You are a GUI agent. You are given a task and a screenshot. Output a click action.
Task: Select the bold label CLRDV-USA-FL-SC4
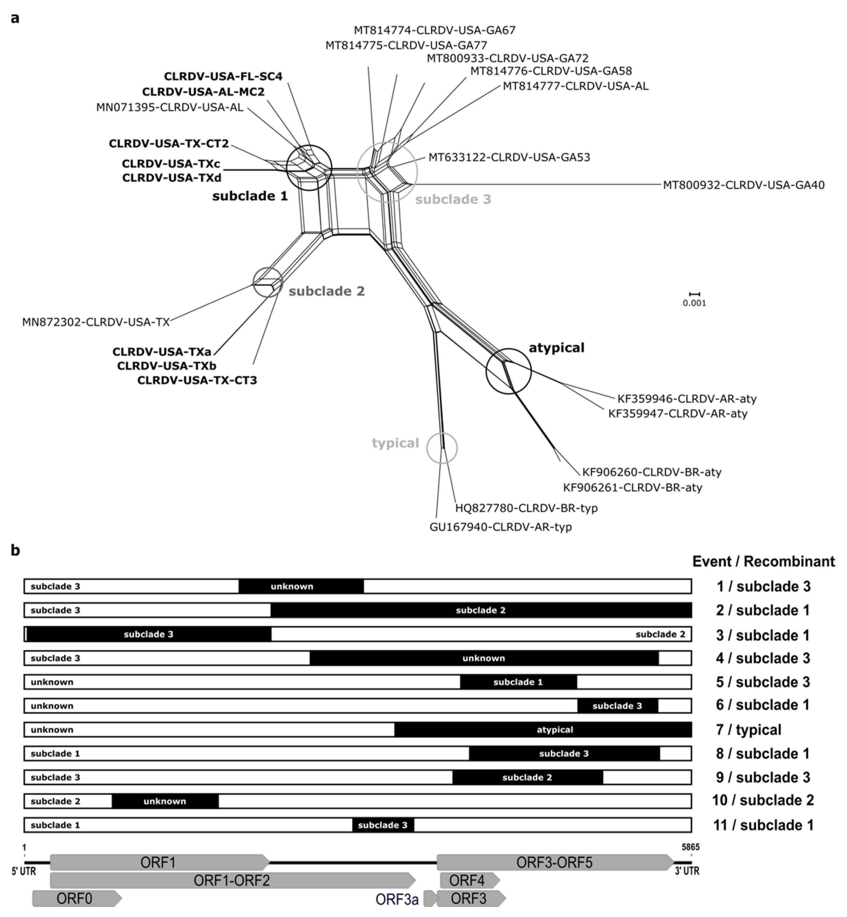[x=223, y=77]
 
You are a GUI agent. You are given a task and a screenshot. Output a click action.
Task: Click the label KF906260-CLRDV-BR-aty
[x=651, y=472]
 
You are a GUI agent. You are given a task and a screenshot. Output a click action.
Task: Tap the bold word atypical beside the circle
[x=556, y=348]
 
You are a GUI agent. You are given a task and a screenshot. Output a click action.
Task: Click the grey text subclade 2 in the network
[x=326, y=291]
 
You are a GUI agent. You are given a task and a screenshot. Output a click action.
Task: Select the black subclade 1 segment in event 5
[x=518, y=682]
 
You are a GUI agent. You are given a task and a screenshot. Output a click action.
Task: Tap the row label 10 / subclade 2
[x=763, y=800]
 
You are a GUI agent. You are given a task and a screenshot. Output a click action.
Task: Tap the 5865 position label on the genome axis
[x=690, y=847]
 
